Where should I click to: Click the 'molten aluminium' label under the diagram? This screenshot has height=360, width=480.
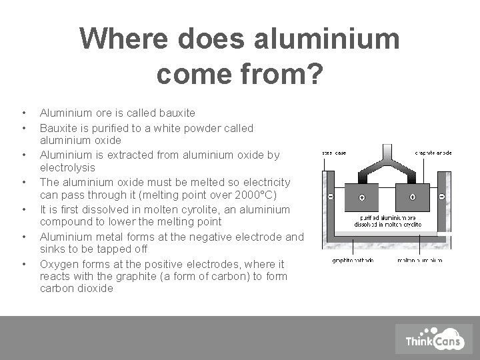click(419, 260)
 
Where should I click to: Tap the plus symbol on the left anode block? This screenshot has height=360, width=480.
click(361, 197)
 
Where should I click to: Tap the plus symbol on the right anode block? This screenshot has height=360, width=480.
click(413, 197)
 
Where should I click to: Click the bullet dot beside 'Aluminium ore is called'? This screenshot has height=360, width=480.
click(23, 113)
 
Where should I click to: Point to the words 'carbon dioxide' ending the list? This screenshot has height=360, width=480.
click(77, 289)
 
